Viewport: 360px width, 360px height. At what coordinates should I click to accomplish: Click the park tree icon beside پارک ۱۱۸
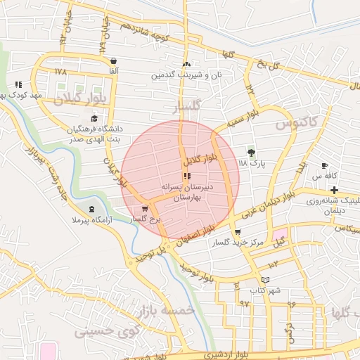[251, 152]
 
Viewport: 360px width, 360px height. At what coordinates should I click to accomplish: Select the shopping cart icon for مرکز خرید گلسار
[237, 232]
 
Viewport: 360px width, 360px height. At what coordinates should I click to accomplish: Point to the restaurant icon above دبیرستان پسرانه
[186, 176]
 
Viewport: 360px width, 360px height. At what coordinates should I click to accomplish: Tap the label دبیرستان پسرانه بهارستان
[186, 194]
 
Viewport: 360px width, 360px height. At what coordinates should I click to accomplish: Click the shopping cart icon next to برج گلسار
[145, 208]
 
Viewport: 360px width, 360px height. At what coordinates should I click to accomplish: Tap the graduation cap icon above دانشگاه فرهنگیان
[94, 118]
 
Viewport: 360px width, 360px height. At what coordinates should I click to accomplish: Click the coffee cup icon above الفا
[113, 60]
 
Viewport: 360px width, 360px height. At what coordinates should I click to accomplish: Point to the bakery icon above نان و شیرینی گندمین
[187, 63]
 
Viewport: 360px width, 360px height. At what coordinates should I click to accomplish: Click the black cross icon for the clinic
[334, 190]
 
